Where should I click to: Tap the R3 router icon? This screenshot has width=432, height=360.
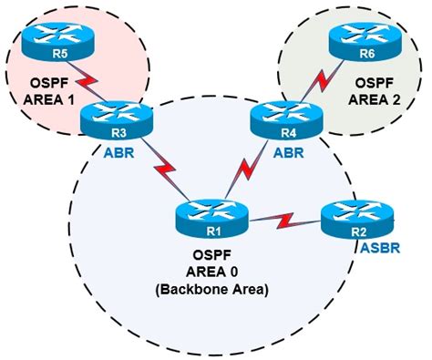tap(106, 118)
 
